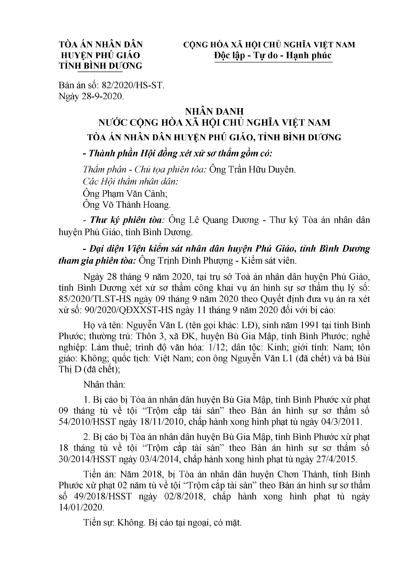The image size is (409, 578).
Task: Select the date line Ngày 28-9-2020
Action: point(91,96)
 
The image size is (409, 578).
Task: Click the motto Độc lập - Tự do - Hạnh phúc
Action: point(272,55)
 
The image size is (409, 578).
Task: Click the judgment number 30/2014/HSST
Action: point(88,459)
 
